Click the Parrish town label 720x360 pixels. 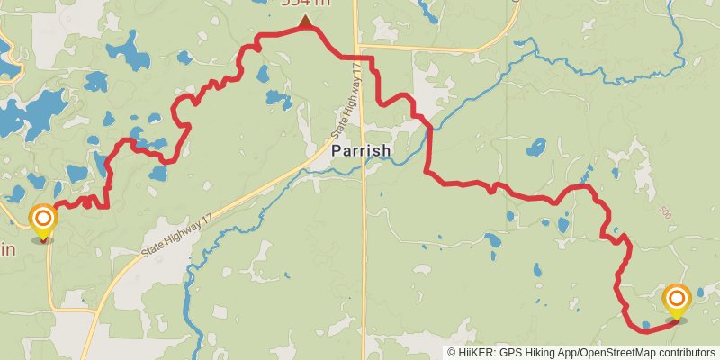(361, 150)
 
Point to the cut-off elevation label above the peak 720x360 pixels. (306, 4)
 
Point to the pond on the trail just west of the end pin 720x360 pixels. (645, 325)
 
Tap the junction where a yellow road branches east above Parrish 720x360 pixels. (358, 46)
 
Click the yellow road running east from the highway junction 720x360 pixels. (432, 48)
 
